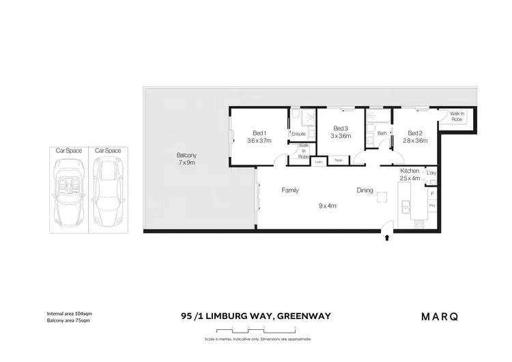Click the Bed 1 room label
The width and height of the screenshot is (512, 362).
pos(259,133)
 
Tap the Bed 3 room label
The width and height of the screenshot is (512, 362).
pos(341,128)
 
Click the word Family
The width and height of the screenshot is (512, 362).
pos(290,191)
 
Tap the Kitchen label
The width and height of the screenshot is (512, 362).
pos(410,170)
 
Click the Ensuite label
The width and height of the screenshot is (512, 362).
pos(298,134)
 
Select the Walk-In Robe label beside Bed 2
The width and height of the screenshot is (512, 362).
pos(457,116)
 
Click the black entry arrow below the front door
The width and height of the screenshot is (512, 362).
pos(388,238)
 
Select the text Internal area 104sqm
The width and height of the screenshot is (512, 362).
pos(70,313)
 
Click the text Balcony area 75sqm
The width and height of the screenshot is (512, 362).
pos(68,320)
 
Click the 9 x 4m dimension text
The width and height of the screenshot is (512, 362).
pos(328,205)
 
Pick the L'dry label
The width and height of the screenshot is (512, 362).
pos(431,173)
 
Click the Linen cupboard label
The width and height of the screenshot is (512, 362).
pos(319,162)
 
